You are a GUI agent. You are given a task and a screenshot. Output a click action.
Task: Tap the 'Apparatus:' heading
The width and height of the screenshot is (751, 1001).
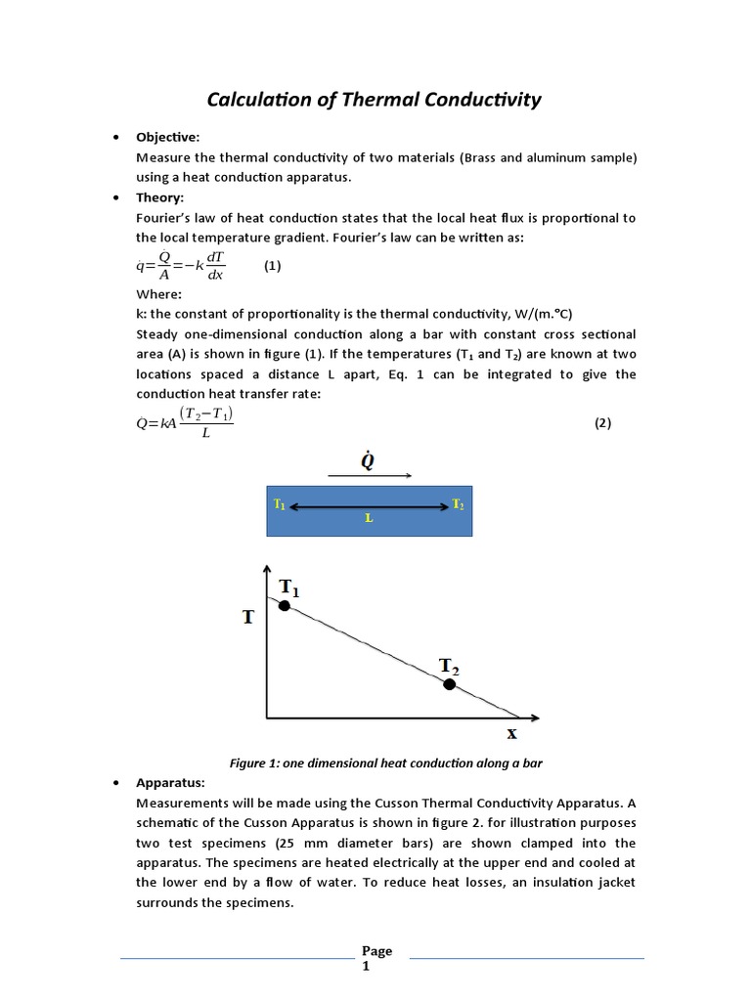pyautogui.click(x=171, y=783)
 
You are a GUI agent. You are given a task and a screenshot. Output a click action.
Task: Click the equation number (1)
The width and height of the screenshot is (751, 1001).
pyautogui.click(x=272, y=266)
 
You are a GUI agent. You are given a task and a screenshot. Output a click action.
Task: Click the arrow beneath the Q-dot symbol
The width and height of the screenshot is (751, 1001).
pyautogui.click(x=370, y=476)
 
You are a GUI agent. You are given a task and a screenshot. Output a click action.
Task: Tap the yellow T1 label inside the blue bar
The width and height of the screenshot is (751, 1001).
pyautogui.click(x=280, y=505)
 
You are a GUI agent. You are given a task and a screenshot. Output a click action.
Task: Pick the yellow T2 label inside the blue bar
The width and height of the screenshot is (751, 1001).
pyautogui.click(x=458, y=504)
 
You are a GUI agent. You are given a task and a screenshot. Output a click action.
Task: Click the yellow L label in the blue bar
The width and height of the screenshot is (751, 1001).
pyautogui.click(x=369, y=518)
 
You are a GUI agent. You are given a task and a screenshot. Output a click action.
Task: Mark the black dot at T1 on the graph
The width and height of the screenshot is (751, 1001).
pyautogui.click(x=285, y=606)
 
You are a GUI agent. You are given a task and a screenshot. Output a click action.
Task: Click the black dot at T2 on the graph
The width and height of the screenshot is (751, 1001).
pyautogui.click(x=449, y=684)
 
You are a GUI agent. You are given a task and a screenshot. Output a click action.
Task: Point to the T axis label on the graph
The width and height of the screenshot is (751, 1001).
pyautogui.click(x=250, y=617)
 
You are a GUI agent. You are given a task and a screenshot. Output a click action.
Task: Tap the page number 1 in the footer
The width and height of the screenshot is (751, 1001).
pyautogui.click(x=367, y=966)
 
